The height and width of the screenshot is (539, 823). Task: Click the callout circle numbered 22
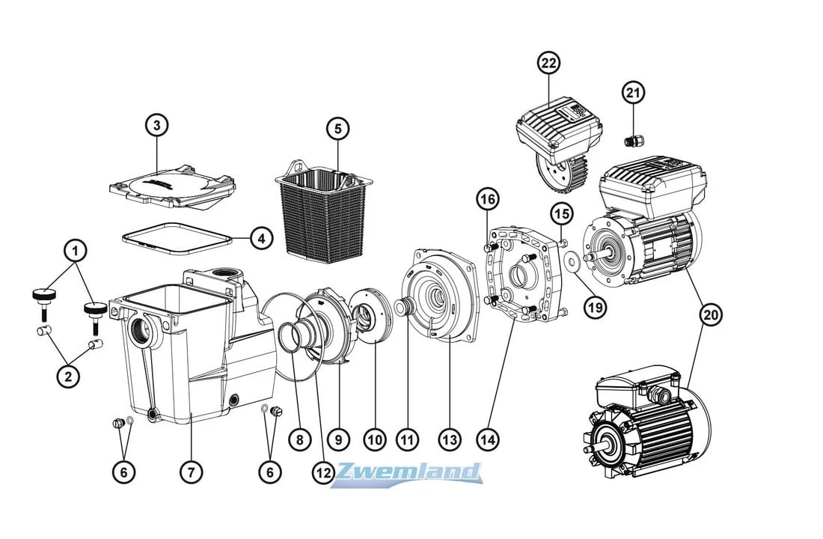click(x=548, y=64)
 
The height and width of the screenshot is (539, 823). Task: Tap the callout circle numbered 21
click(x=633, y=93)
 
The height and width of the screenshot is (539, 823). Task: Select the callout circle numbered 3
click(x=156, y=125)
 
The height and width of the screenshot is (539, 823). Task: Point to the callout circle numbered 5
click(x=337, y=128)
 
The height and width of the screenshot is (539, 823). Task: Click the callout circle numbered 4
click(x=261, y=240)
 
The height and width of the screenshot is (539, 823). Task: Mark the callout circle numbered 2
click(x=68, y=377)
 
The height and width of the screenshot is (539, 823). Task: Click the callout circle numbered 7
click(x=191, y=472)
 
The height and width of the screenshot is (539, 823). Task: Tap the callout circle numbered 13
click(x=449, y=440)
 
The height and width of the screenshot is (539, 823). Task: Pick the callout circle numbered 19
click(x=597, y=305)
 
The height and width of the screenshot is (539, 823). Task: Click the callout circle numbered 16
click(x=487, y=199)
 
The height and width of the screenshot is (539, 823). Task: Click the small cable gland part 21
click(x=631, y=140)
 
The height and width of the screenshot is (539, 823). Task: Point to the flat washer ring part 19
click(x=572, y=263)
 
